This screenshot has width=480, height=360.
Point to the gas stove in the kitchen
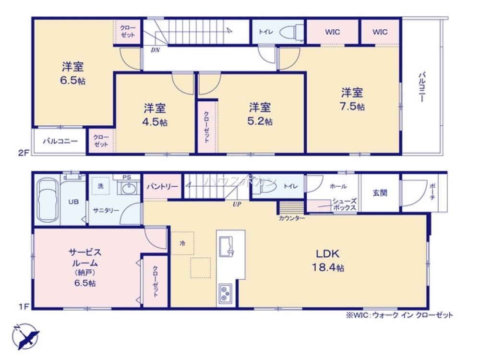pyautogui.click(x=225, y=293)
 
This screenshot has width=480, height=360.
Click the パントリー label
pyautogui.click(x=163, y=186)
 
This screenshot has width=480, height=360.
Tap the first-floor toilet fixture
pyautogui.click(x=265, y=189)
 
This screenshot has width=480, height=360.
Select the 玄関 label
pyautogui.click(x=380, y=193)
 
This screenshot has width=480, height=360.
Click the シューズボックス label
pyautogui.click(x=344, y=205)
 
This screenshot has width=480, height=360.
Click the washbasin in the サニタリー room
pyautogui.click(x=127, y=188)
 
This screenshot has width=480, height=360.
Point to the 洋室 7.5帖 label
pyautogui.click(x=352, y=99)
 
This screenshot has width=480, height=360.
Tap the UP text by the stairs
pyautogui.click(x=237, y=204)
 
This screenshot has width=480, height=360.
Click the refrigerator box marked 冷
pyautogui.click(x=183, y=243)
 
